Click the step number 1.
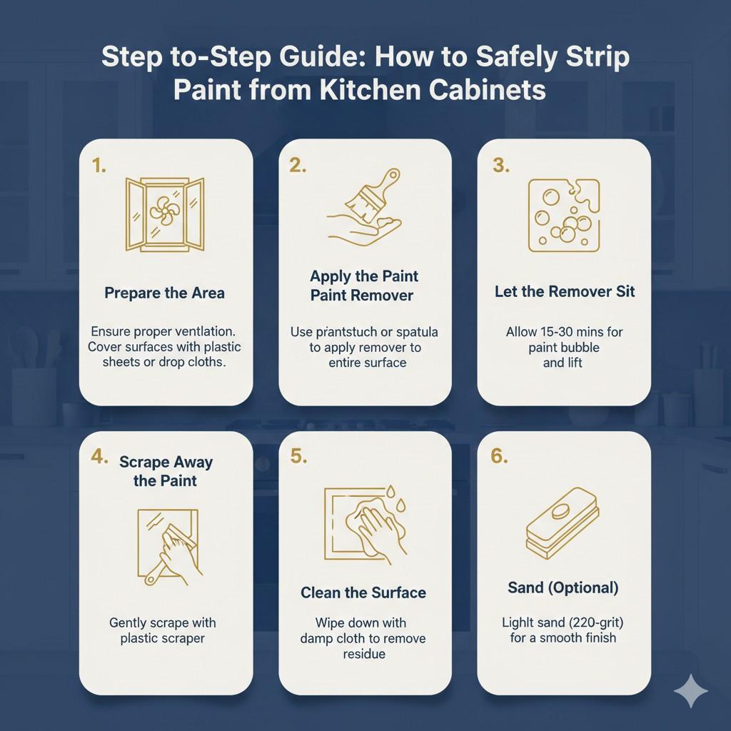99,166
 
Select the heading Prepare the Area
164,293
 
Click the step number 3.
500,166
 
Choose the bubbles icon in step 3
563,215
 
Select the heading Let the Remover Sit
564,291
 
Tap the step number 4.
100,457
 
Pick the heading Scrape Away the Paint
166,471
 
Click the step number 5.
298,457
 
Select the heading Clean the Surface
363,593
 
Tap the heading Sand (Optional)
563,588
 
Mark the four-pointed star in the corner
691,691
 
